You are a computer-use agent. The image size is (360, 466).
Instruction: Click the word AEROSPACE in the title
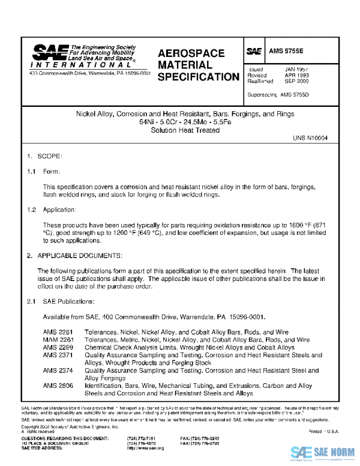tap(191, 53)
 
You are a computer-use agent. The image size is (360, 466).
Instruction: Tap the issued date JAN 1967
tap(297, 70)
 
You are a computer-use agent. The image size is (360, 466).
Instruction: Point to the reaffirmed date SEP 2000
tap(297, 81)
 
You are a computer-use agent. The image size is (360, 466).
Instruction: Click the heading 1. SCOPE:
tap(45, 156)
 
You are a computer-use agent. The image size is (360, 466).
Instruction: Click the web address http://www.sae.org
tap(146, 448)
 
